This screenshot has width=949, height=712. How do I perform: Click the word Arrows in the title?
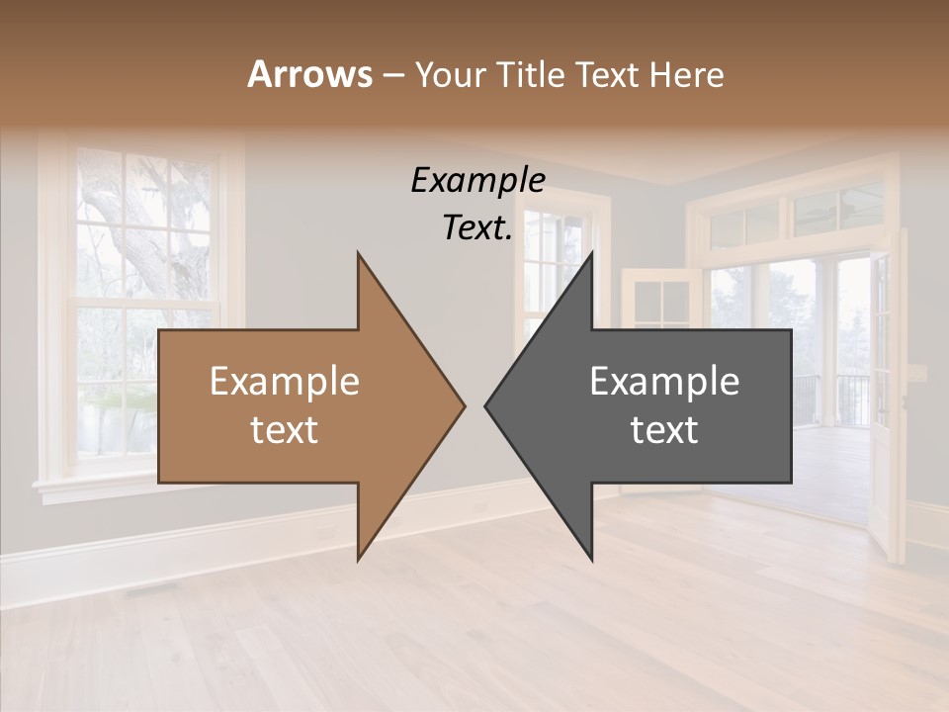pyautogui.click(x=309, y=74)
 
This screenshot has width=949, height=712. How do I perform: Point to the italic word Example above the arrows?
pyautogui.click(x=477, y=181)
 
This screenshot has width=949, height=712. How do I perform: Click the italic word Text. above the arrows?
pyautogui.click(x=477, y=227)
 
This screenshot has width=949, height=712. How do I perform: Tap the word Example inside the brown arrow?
pyautogui.click(x=285, y=382)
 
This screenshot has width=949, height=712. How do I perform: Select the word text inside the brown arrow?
pyautogui.click(x=285, y=430)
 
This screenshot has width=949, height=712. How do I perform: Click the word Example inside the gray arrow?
pyautogui.click(x=664, y=382)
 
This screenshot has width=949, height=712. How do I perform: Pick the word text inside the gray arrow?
pyautogui.click(x=664, y=430)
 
